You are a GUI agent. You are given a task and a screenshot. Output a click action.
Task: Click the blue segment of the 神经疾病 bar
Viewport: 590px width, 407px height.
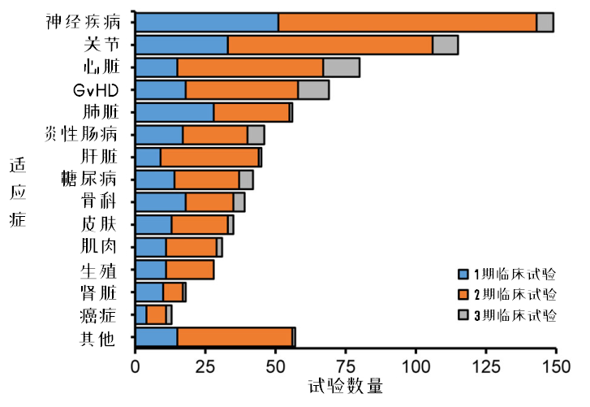pyautogui.click(x=207, y=23)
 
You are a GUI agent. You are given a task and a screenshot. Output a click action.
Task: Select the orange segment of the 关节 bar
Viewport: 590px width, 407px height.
pyautogui.click(x=330, y=45)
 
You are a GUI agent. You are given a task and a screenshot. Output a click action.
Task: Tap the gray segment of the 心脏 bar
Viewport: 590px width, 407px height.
pyautogui.click(x=341, y=67)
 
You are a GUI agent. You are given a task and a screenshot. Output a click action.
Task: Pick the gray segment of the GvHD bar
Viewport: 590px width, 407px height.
pyautogui.click(x=313, y=90)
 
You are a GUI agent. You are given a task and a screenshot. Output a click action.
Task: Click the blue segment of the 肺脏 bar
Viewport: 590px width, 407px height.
pyautogui.click(x=174, y=112)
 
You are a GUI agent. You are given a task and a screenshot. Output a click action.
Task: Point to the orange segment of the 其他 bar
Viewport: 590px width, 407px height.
pyautogui.click(x=235, y=336)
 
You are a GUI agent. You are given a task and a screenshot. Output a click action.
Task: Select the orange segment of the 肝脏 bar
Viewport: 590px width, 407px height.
pyautogui.click(x=209, y=158)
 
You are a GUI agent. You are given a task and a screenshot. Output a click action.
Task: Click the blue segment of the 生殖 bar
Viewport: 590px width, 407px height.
pyautogui.click(x=151, y=270)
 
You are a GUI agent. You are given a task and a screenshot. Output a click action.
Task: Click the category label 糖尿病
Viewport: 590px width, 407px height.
pyautogui.click(x=88, y=179)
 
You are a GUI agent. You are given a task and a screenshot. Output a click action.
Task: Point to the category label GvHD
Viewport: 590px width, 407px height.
pyautogui.click(x=95, y=89)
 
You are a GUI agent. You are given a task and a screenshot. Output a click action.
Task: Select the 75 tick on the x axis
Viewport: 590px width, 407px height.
pyautogui.click(x=346, y=366)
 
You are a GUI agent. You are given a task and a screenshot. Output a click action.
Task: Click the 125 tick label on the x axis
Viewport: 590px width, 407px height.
pyautogui.click(x=486, y=366)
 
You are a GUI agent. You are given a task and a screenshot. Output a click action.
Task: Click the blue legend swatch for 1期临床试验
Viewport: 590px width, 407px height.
pyautogui.click(x=463, y=273)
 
